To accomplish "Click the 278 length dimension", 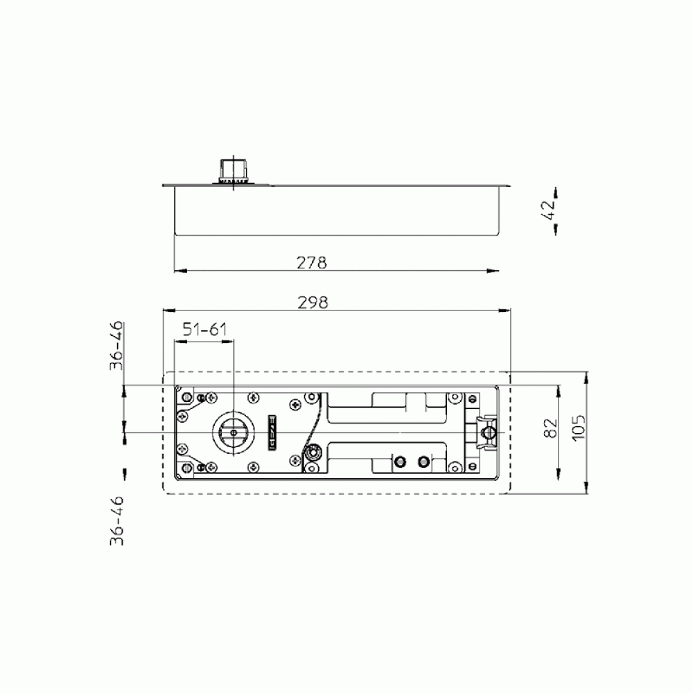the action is tap(312, 263).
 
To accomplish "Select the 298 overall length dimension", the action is tap(313, 303).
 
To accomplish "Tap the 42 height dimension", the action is tap(548, 210).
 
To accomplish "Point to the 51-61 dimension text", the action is tap(205, 329).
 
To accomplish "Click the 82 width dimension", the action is tap(551, 428).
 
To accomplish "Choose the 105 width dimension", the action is tap(578, 428).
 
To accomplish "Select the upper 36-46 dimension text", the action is tap(116, 346).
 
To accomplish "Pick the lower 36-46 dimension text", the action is tap(116, 521).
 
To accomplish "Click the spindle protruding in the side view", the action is tap(233, 170).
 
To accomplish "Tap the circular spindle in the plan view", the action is tap(234, 432).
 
